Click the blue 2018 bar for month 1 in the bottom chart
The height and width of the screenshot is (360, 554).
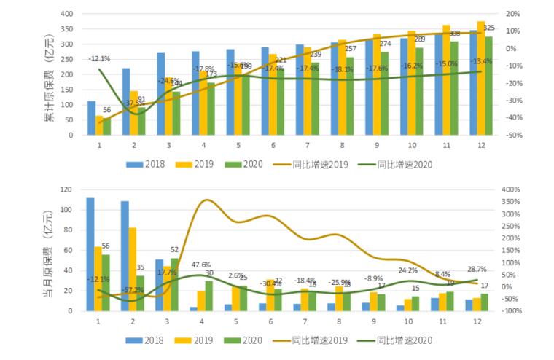click(x=90, y=254)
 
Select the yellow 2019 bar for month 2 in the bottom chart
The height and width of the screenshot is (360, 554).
click(x=133, y=270)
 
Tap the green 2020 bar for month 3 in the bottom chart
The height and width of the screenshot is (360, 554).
click(x=175, y=284)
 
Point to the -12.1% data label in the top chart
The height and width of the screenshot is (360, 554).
click(x=100, y=59)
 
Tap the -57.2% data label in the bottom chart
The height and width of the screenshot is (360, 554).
click(x=132, y=290)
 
